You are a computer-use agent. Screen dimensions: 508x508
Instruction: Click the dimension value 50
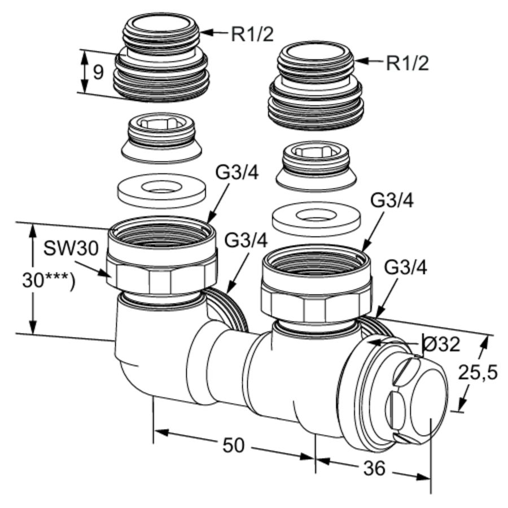pyautogui.click(x=233, y=445)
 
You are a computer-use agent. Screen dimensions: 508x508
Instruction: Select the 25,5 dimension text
pyautogui.click(x=478, y=372)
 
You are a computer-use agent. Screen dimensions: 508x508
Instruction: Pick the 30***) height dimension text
pyautogui.click(x=48, y=280)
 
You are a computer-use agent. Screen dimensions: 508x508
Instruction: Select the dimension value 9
pyautogui.click(x=98, y=72)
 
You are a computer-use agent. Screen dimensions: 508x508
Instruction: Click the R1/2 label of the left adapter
pyautogui.click(x=252, y=34)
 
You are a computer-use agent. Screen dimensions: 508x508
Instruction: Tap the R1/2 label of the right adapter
pyautogui.click(x=407, y=63)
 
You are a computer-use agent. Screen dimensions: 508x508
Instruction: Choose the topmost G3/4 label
pyautogui.click(x=237, y=173)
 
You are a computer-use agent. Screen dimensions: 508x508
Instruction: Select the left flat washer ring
pyautogui.click(x=161, y=190)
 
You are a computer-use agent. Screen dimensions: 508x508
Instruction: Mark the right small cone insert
pyautogui.click(x=316, y=164)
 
